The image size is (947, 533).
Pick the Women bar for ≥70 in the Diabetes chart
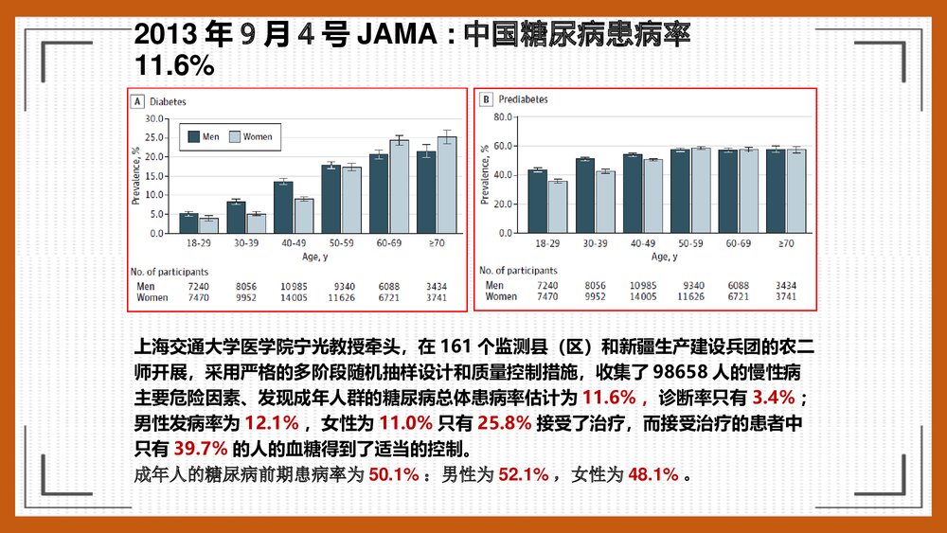coord(446,185)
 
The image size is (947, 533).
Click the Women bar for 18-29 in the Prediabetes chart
coord(559,205)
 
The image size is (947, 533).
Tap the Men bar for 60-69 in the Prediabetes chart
coord(728,190)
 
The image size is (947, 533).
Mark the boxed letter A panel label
coord(138,99)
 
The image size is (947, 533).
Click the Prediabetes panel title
coord(522,99)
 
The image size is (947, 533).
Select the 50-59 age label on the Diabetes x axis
coord(341,244)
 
